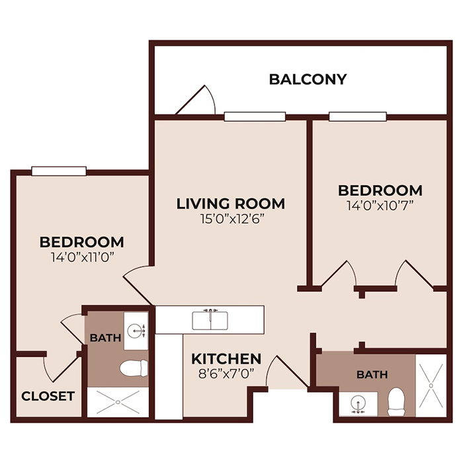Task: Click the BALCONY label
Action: click(x=308, y=79)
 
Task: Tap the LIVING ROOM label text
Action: click(x=230, y=203)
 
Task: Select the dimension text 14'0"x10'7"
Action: click(x=380, y=204)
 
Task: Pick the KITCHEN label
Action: click(x=226, y=358)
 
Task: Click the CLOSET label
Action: click(x=48, y=396)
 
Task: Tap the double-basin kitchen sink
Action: click(x=210, y=321)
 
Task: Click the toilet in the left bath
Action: click(x=137, y=368)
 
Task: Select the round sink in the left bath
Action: click(x=138, y=329)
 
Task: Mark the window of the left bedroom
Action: click(x=60, y=171)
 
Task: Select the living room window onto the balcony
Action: click(x=255, y=117)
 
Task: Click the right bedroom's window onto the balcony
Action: click(x=358, y=117)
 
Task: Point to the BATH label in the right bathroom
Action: click(x=372, y=374)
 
